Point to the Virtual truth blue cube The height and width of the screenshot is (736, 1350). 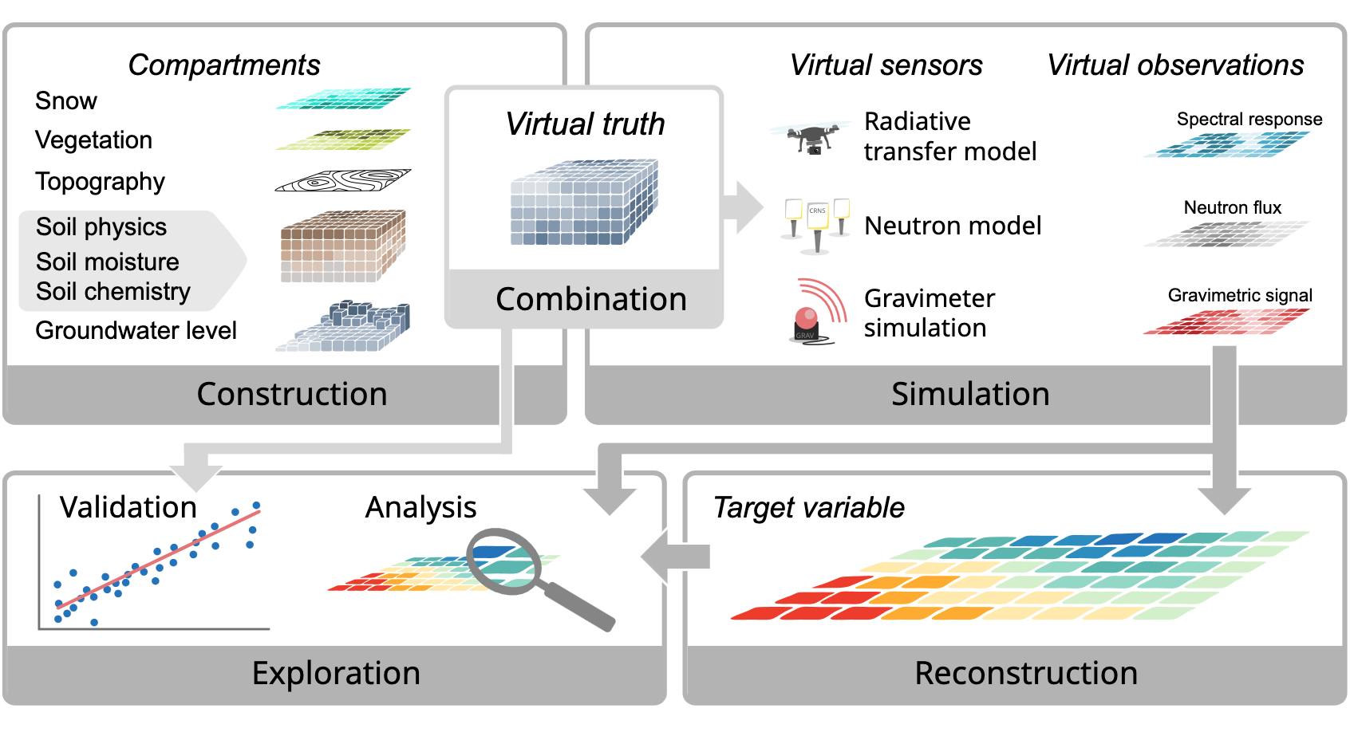click(584, 203)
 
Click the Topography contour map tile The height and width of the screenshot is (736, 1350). click(343, 181)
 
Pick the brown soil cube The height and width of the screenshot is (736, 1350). click(343, 246)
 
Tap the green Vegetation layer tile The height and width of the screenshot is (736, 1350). click(344, 140)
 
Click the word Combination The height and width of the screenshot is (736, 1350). click(591, 300)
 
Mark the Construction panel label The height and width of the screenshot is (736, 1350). click(292, 394)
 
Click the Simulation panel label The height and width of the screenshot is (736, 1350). click(970, 394)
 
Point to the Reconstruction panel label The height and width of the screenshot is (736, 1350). click(1026, 673)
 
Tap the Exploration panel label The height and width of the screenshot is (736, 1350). click(336, 673)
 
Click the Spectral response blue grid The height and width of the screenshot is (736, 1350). click(1226, 144)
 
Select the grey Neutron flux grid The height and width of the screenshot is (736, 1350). click(1226, 234)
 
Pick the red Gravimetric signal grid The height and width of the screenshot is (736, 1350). click(1226, 321)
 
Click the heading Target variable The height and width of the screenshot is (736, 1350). click(809, 508)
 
